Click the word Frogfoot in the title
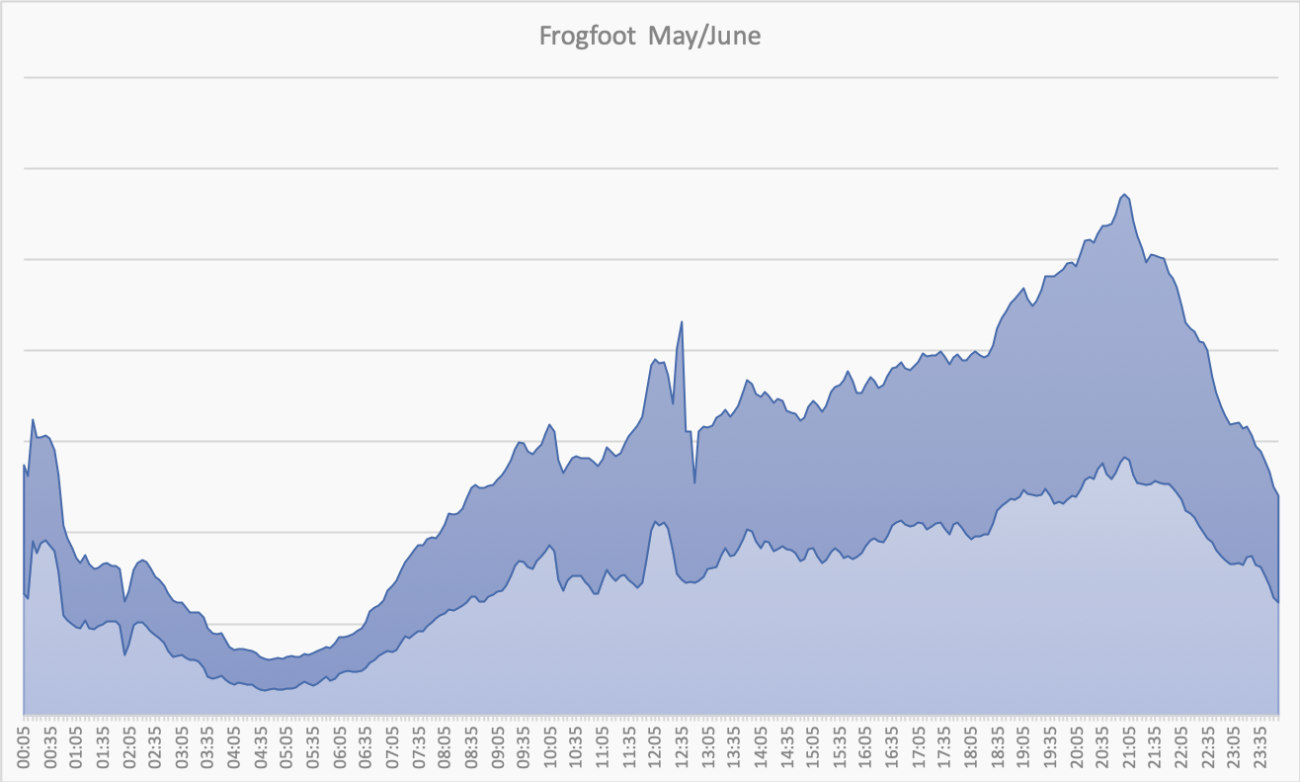(588, 37)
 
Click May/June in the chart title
(704, 37)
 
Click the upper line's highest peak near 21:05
(1125, 194)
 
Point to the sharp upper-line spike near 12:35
(682, 321)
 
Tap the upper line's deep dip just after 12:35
(694, 483)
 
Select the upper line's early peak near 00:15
(33, 419)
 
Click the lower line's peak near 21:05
(1125, 458)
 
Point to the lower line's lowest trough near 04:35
(265, 690)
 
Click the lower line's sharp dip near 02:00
(124, 655)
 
